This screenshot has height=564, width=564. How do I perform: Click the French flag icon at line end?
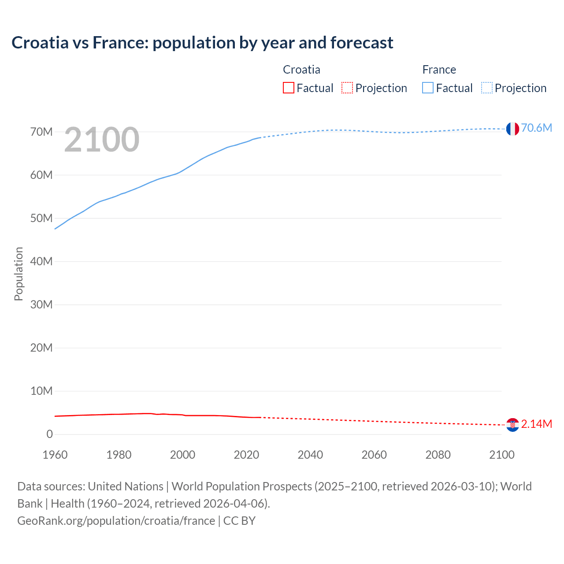click(x=512, y=129)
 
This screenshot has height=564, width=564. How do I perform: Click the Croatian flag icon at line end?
click(x=512, y=425)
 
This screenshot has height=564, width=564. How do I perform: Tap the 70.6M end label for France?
click(x=536, y=128)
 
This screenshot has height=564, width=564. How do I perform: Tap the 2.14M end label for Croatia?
click(x=536, y=424)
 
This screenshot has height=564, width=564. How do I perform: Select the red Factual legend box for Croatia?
click(x=289, y=88)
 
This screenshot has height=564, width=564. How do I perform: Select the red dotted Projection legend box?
click(x=347, y=88)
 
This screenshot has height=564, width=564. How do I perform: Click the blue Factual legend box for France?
click(x=428, y=88)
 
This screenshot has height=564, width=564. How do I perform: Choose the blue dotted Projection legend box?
click(x=486, y=88)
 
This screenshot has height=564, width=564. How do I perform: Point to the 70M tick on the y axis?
click(x=41, y=132)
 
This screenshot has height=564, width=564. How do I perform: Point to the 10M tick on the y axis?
click(x=41, y=391)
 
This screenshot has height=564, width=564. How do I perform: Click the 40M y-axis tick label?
click(x=41, y=261)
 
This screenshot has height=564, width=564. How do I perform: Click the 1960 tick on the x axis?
click(x=55, y=455)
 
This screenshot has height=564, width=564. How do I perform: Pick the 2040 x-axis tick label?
click(x=310, y=455)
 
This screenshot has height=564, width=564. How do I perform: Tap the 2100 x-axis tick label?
click(x=501, y=455)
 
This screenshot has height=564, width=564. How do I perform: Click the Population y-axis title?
click(x=19, y=274)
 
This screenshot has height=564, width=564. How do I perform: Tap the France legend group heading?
click(x=439, y=70)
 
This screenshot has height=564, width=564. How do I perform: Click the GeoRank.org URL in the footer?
click(x=116, y=521)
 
